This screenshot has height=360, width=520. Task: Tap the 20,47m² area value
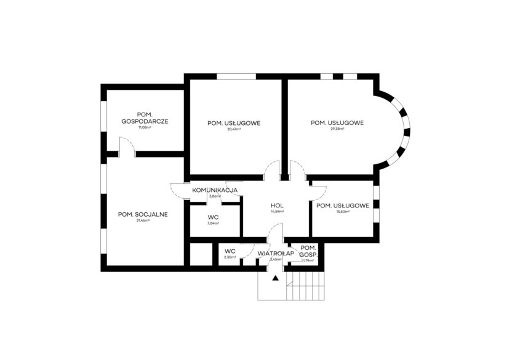click(x=234, y=130)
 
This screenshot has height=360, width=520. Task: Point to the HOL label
click(x=276, y=205)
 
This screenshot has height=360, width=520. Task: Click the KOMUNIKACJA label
click(x=215, y=190)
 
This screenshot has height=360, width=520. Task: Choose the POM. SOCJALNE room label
click(x=143, y=214)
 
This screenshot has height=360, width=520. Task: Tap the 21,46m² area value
click(x=143, y=220)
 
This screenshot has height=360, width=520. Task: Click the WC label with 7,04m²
click(x=214, y=217)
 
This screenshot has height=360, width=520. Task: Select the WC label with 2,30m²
click(x=230, y=251)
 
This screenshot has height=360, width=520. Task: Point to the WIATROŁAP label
click(x=274, y=253)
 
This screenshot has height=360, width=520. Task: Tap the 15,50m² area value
click(x=342, y=212)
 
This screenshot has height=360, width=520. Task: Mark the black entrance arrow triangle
click(x=276, y=278)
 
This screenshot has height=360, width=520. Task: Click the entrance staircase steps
click(x=308, y=286)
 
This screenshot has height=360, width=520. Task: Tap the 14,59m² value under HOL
click(x=277, y=212)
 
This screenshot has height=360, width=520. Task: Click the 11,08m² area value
click(x=145, y=127)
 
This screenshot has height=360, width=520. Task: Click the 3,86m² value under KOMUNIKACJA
click(x=215, y=196)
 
